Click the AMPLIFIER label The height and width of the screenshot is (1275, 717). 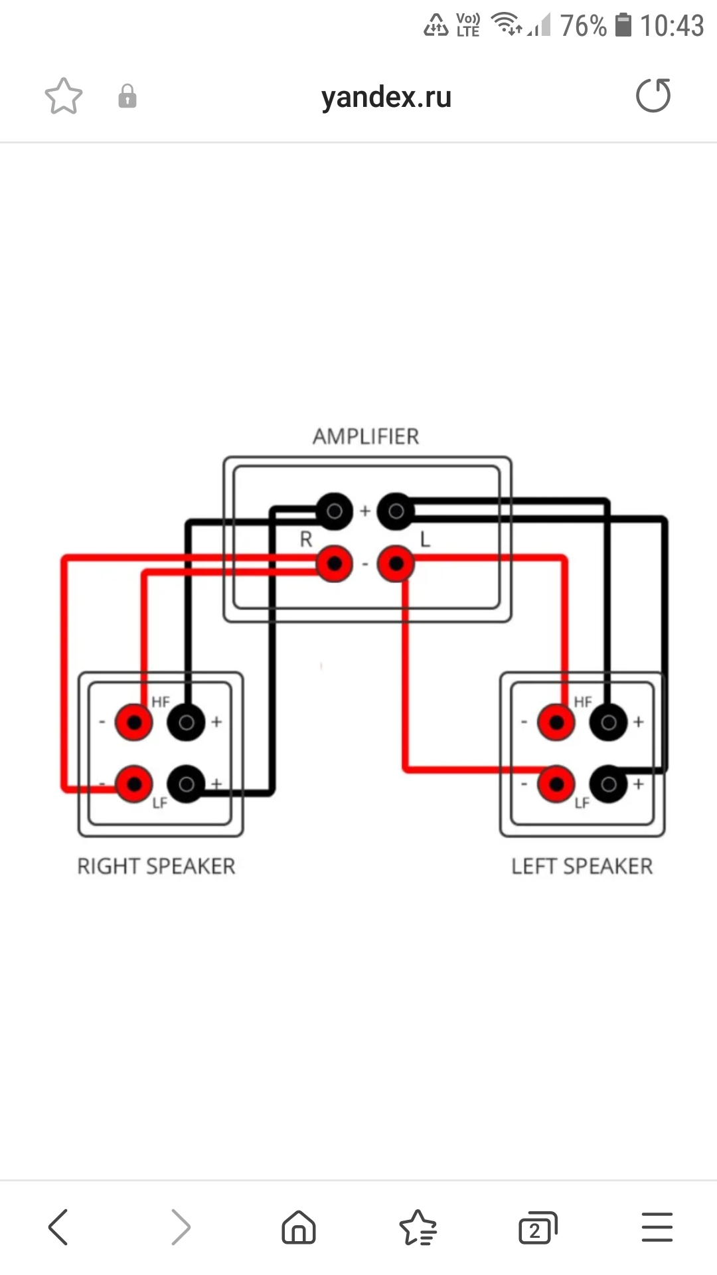coord(366,436)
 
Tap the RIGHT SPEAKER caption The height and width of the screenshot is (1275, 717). coord(157,866)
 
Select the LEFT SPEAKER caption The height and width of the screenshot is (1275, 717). coord(582,866)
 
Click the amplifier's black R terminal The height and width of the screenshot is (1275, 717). coord(334,511)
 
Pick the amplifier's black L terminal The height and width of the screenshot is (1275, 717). coord(396,511)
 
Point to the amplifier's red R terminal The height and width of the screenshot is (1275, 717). coord(334,564)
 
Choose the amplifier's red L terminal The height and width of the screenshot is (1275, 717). coord(396,564)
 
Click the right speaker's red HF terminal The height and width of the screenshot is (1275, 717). coord(134,722)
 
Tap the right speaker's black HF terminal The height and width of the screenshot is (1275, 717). coord(187,722)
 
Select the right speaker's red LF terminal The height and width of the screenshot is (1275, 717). coord(134,784)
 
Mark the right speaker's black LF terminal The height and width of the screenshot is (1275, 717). coord(187,784)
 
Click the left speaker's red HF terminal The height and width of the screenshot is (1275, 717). coord(556,722)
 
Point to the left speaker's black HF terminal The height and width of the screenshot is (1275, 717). coord(609,722)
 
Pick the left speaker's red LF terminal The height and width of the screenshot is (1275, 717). coord(556,784)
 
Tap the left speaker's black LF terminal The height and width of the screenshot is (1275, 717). coord(609,784)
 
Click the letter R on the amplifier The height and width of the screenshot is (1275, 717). coord(306,539)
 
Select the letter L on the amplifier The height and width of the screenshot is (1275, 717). coord(426,539)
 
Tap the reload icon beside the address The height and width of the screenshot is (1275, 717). coord(653,96)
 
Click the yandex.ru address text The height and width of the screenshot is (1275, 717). coord(386,97)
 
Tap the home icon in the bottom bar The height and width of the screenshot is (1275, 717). coord(299,1227)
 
